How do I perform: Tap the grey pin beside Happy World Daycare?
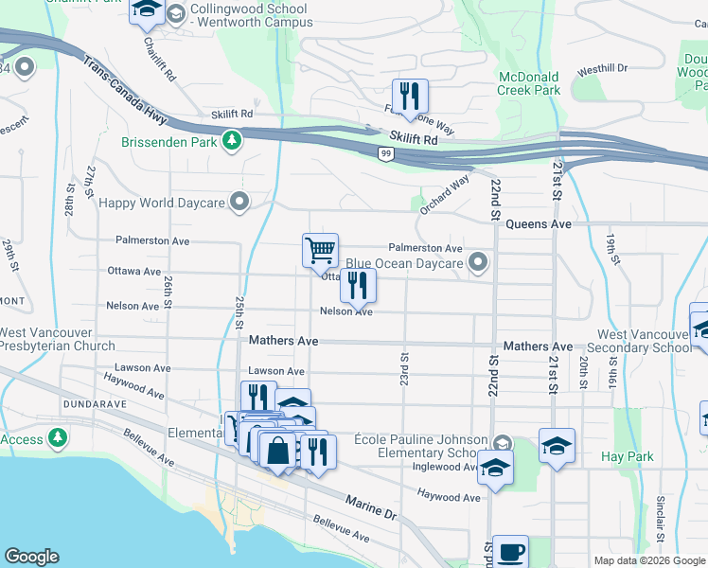(239, 202)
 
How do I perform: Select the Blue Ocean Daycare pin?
(479, 263)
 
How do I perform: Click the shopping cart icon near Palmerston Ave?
(321, 250)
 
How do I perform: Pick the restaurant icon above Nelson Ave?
(358, 284)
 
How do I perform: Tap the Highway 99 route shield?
(385, 153)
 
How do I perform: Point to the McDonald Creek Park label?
(528, 83)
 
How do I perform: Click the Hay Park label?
(628, 456)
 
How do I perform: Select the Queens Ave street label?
(539, 224)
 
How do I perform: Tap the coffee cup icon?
(510, 551)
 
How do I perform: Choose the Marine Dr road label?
(370, 506)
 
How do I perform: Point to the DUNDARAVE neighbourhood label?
(38, 402)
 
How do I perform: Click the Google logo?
(31, 557)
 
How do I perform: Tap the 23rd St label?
(404, 369)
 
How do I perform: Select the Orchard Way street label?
(445, 194)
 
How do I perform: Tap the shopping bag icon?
(279, 452)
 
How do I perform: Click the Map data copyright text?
(648, 560)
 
